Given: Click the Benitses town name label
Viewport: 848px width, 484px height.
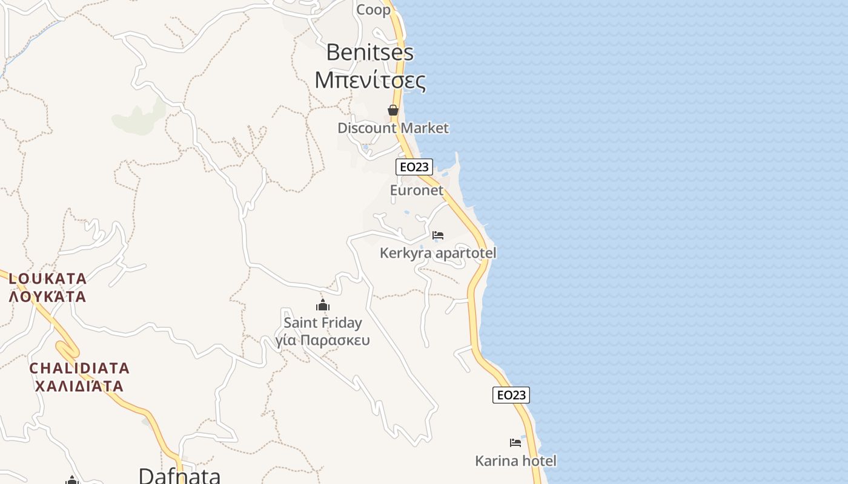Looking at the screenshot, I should coord(369,53).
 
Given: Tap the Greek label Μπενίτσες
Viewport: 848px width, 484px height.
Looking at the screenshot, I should coord(369,80).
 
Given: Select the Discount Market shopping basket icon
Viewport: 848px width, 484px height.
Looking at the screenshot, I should coord(393,110).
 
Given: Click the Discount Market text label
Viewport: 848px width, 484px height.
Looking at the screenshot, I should coord(393,128).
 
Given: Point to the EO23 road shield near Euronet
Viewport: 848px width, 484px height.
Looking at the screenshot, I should coord(414,167).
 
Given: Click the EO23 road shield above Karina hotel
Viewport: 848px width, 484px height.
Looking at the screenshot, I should coord(511,395).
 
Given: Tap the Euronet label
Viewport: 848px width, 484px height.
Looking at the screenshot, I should coord(416,191).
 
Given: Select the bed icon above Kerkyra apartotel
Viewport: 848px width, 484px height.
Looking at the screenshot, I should coord(438,235).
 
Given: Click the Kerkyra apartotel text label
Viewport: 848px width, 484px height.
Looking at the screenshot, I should coord(437,253).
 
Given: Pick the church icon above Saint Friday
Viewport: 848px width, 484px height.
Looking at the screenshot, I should coord(323,305).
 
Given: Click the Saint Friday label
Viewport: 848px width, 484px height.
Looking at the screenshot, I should coord(322,323).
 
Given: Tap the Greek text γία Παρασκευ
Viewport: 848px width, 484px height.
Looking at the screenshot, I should coord(322,341).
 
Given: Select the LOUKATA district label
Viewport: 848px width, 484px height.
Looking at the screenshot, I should coord(48,279).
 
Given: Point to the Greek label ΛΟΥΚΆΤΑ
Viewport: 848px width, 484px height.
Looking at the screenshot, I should coord(48,297).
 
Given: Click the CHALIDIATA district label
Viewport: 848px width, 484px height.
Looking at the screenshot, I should coord(79,368).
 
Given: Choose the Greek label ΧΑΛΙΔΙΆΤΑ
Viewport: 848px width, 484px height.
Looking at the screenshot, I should coord(79,386).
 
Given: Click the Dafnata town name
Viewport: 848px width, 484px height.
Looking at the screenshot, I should coord(179,475).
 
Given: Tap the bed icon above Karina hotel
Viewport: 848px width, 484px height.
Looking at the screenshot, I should coord(515,443).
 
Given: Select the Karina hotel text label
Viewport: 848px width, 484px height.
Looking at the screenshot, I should coord(515,461).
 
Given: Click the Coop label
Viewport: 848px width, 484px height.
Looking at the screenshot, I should coord(373,10).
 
